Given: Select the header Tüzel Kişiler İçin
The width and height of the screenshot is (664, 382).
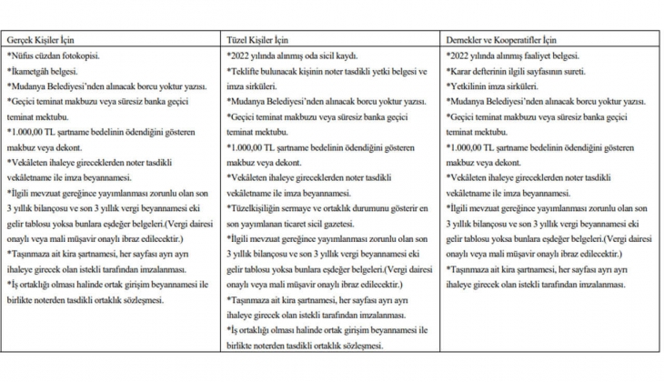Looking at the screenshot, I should coord(258,41).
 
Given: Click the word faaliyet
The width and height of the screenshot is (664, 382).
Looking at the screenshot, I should coord(531,55).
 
